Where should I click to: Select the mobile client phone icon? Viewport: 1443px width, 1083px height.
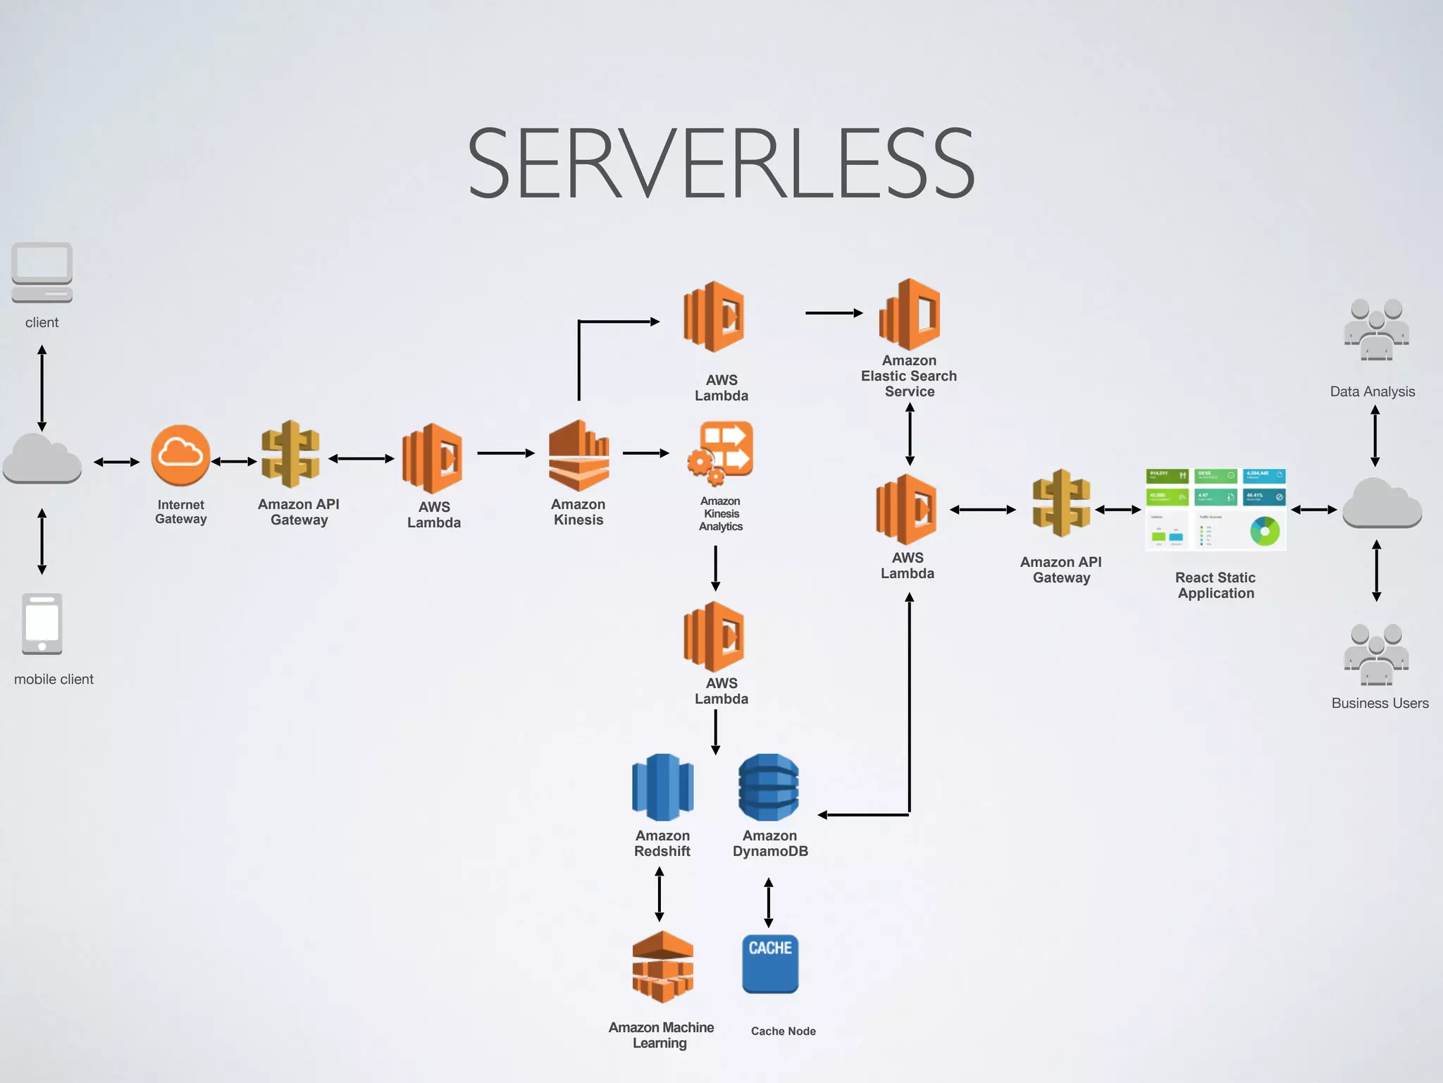pos(42,624)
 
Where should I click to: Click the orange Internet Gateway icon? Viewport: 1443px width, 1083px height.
pos(180,455)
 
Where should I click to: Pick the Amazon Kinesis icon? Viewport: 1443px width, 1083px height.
pos(578,455)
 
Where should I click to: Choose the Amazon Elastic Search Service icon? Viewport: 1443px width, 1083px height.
pos(910,314)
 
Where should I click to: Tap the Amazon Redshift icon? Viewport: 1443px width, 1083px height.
pos(662,788)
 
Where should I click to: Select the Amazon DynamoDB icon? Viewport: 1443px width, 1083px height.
pos(769,788)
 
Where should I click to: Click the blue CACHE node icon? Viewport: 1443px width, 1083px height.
pos(770,963)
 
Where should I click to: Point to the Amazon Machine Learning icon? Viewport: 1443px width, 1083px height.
pos(662,967)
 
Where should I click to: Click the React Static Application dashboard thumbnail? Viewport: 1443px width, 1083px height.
pos(1215,509)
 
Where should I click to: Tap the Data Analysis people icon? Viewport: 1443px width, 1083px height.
pos(1376,329)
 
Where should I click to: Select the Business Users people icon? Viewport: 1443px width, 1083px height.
pos(1376,654)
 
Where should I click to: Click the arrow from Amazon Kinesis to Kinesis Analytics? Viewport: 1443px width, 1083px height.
pos(645,453)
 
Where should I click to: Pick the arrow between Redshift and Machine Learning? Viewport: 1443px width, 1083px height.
pos(659,894)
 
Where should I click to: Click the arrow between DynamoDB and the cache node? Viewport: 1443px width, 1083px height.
pos(769,902)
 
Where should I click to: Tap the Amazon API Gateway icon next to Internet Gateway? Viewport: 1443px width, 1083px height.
pos(290,455)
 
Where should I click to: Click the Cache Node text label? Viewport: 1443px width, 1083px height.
pos(783,1031)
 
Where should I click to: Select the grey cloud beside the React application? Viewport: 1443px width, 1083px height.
pos(1382,503)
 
